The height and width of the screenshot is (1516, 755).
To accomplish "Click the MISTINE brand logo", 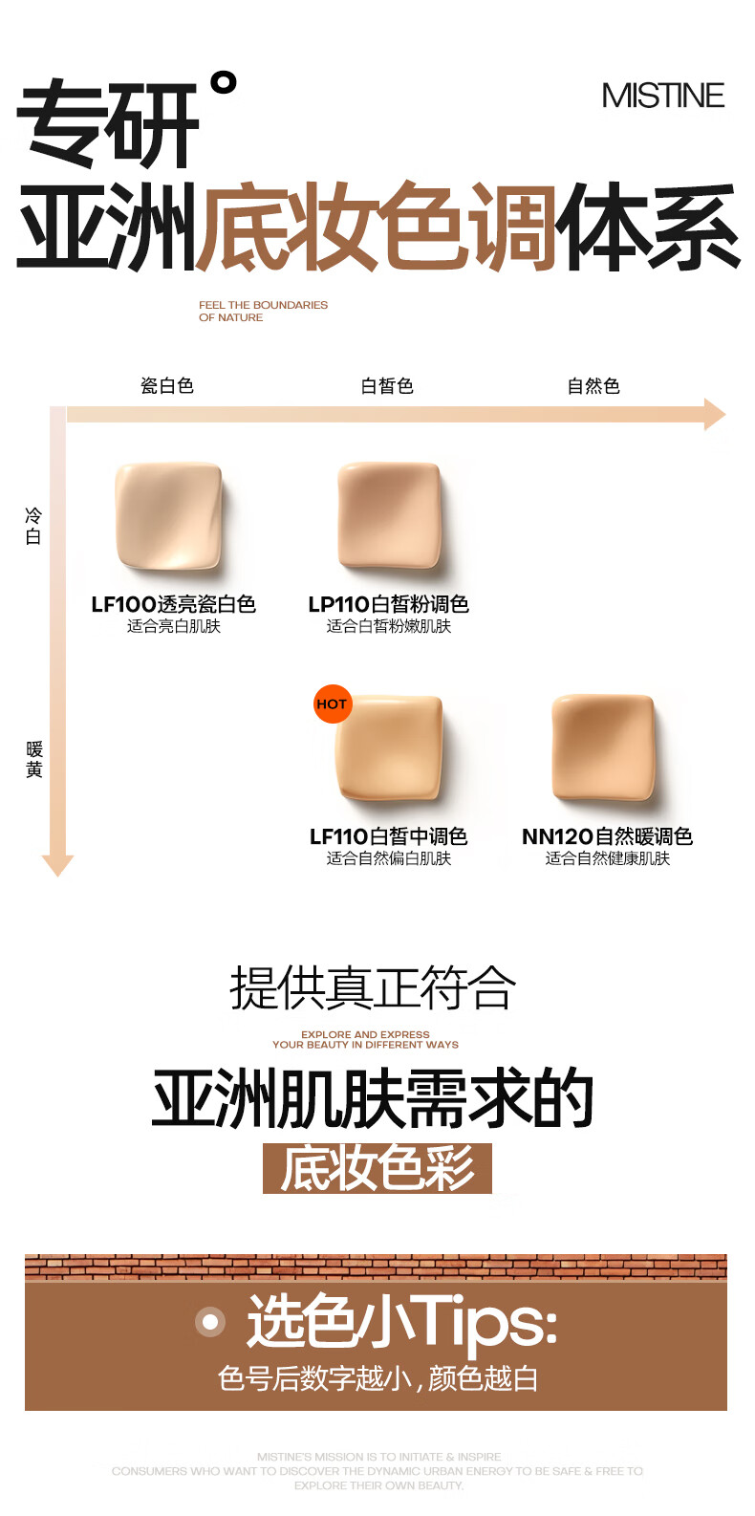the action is point(662,96).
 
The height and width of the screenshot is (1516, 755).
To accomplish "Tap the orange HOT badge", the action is point(332,704).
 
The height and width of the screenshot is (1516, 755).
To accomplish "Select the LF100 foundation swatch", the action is point(168,516).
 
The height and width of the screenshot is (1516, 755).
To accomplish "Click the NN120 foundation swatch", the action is point(604,747).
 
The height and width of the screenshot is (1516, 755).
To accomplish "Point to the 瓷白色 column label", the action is point(167,386).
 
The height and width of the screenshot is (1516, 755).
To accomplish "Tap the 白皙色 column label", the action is point(387,386).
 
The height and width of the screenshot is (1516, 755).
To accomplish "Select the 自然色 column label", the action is point(593,386).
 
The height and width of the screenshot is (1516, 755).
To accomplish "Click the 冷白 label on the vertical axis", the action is point(33,526).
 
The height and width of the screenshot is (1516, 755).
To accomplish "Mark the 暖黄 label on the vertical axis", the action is point(34,759).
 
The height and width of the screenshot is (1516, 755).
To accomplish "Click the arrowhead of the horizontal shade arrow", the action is point(715,415).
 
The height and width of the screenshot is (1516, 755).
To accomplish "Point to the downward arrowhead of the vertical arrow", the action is point(57,864).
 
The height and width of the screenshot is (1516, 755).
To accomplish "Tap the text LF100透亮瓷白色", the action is point(173,604).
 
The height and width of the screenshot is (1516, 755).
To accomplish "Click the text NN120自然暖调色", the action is point(607,836).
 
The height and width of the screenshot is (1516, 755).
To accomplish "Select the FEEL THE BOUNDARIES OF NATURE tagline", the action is point(263,311).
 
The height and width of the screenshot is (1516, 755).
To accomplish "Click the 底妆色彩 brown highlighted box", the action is point(377,1168).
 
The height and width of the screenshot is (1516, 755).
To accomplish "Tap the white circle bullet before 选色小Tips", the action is point(209,1322).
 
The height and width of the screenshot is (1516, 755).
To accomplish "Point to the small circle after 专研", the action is point(223,83).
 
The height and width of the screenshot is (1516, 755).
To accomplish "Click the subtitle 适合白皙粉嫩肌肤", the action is point(389,626).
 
